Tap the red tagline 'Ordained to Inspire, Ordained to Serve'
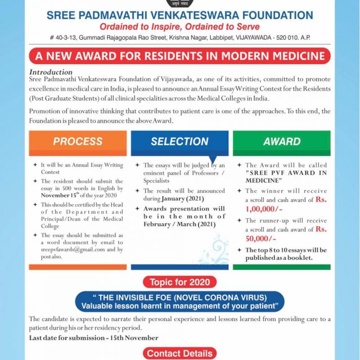[x=180, y=26]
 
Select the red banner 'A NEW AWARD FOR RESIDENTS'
[x=180, y=56]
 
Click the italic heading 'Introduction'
[x=51, y=72]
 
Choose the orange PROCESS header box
[x=78, y=141]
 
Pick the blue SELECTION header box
[x=179, y=142]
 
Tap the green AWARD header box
[x=281, y=141]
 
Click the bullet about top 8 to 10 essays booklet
[x=286, y=254]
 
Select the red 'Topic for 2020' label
[x=180, y=282]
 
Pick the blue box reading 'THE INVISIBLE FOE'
[x=180, y=301]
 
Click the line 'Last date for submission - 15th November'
[x=94, y=337]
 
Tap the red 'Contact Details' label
[x=180, y=353]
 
